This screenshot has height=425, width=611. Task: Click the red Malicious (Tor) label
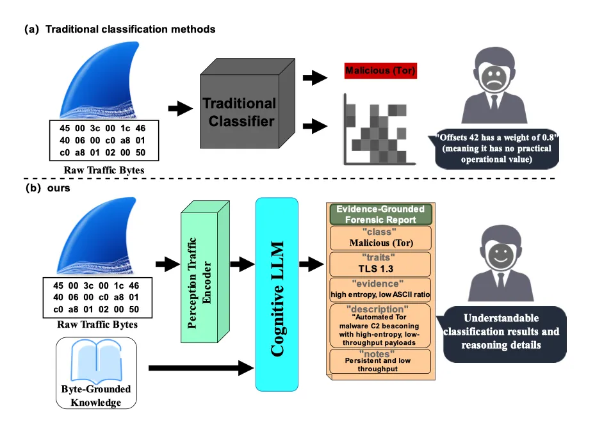[380, 70]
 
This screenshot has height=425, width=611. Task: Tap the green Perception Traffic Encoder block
[204, 268]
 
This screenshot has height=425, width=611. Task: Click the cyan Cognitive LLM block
[277, 294]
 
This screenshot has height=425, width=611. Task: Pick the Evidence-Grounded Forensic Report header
[380, 214]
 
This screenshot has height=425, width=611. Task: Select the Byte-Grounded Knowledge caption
[96, 396]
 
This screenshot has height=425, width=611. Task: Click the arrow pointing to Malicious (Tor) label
[314, 77]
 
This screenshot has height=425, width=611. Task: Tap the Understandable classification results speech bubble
[503, 331]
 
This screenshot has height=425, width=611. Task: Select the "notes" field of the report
[380, 362]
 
